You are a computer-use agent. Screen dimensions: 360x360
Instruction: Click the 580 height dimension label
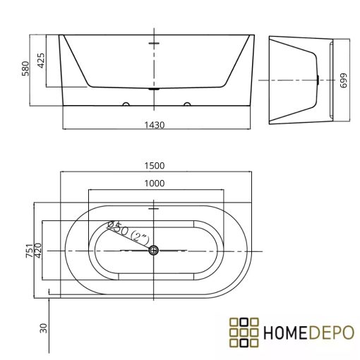(25, 68)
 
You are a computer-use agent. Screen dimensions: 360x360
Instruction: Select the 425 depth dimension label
(41, 61)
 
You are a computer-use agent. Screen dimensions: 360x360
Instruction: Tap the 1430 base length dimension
(155, 125)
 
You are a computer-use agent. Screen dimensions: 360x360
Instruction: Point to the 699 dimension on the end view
(344, 80)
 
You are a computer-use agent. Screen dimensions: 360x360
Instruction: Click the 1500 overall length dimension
(155, 166)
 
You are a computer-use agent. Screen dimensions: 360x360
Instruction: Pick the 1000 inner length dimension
(155, 184)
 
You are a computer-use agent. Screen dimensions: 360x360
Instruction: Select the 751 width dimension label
(30, 251)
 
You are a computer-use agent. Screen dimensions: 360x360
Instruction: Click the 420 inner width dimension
(38, 251)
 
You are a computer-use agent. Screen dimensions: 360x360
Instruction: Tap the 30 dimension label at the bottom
(44, 328)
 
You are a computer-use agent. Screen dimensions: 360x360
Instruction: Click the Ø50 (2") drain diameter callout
(128, 232)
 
